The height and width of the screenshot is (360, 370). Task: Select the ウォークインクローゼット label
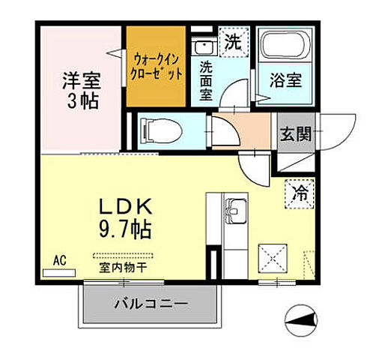(157, 67)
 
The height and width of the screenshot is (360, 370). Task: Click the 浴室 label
(285, 80)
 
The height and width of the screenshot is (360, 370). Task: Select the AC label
(60, 260)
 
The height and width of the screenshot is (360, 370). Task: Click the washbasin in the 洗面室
(205, 46)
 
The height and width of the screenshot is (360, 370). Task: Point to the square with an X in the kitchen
(272, 260)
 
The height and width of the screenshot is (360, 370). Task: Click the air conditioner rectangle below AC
(60, 271)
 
